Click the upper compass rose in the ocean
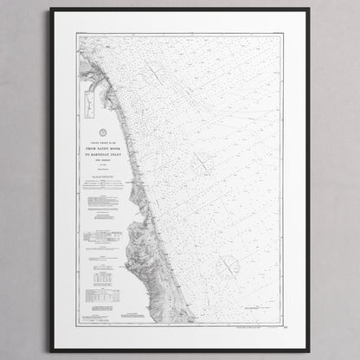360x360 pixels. [203, 161]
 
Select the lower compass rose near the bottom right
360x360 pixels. [229, 266]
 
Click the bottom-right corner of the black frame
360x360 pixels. [309, 350]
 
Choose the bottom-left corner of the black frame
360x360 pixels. [51, 350]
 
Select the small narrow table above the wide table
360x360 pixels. [103, 280]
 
